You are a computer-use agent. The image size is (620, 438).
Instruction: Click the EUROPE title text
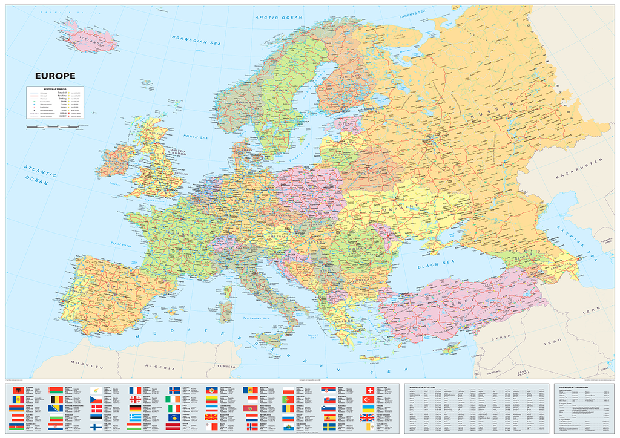55,76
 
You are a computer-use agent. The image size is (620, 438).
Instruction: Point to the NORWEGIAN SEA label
196,42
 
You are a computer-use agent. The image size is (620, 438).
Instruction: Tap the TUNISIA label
226,366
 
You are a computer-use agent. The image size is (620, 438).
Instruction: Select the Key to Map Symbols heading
54,89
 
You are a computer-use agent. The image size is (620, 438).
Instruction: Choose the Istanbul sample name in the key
64,93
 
